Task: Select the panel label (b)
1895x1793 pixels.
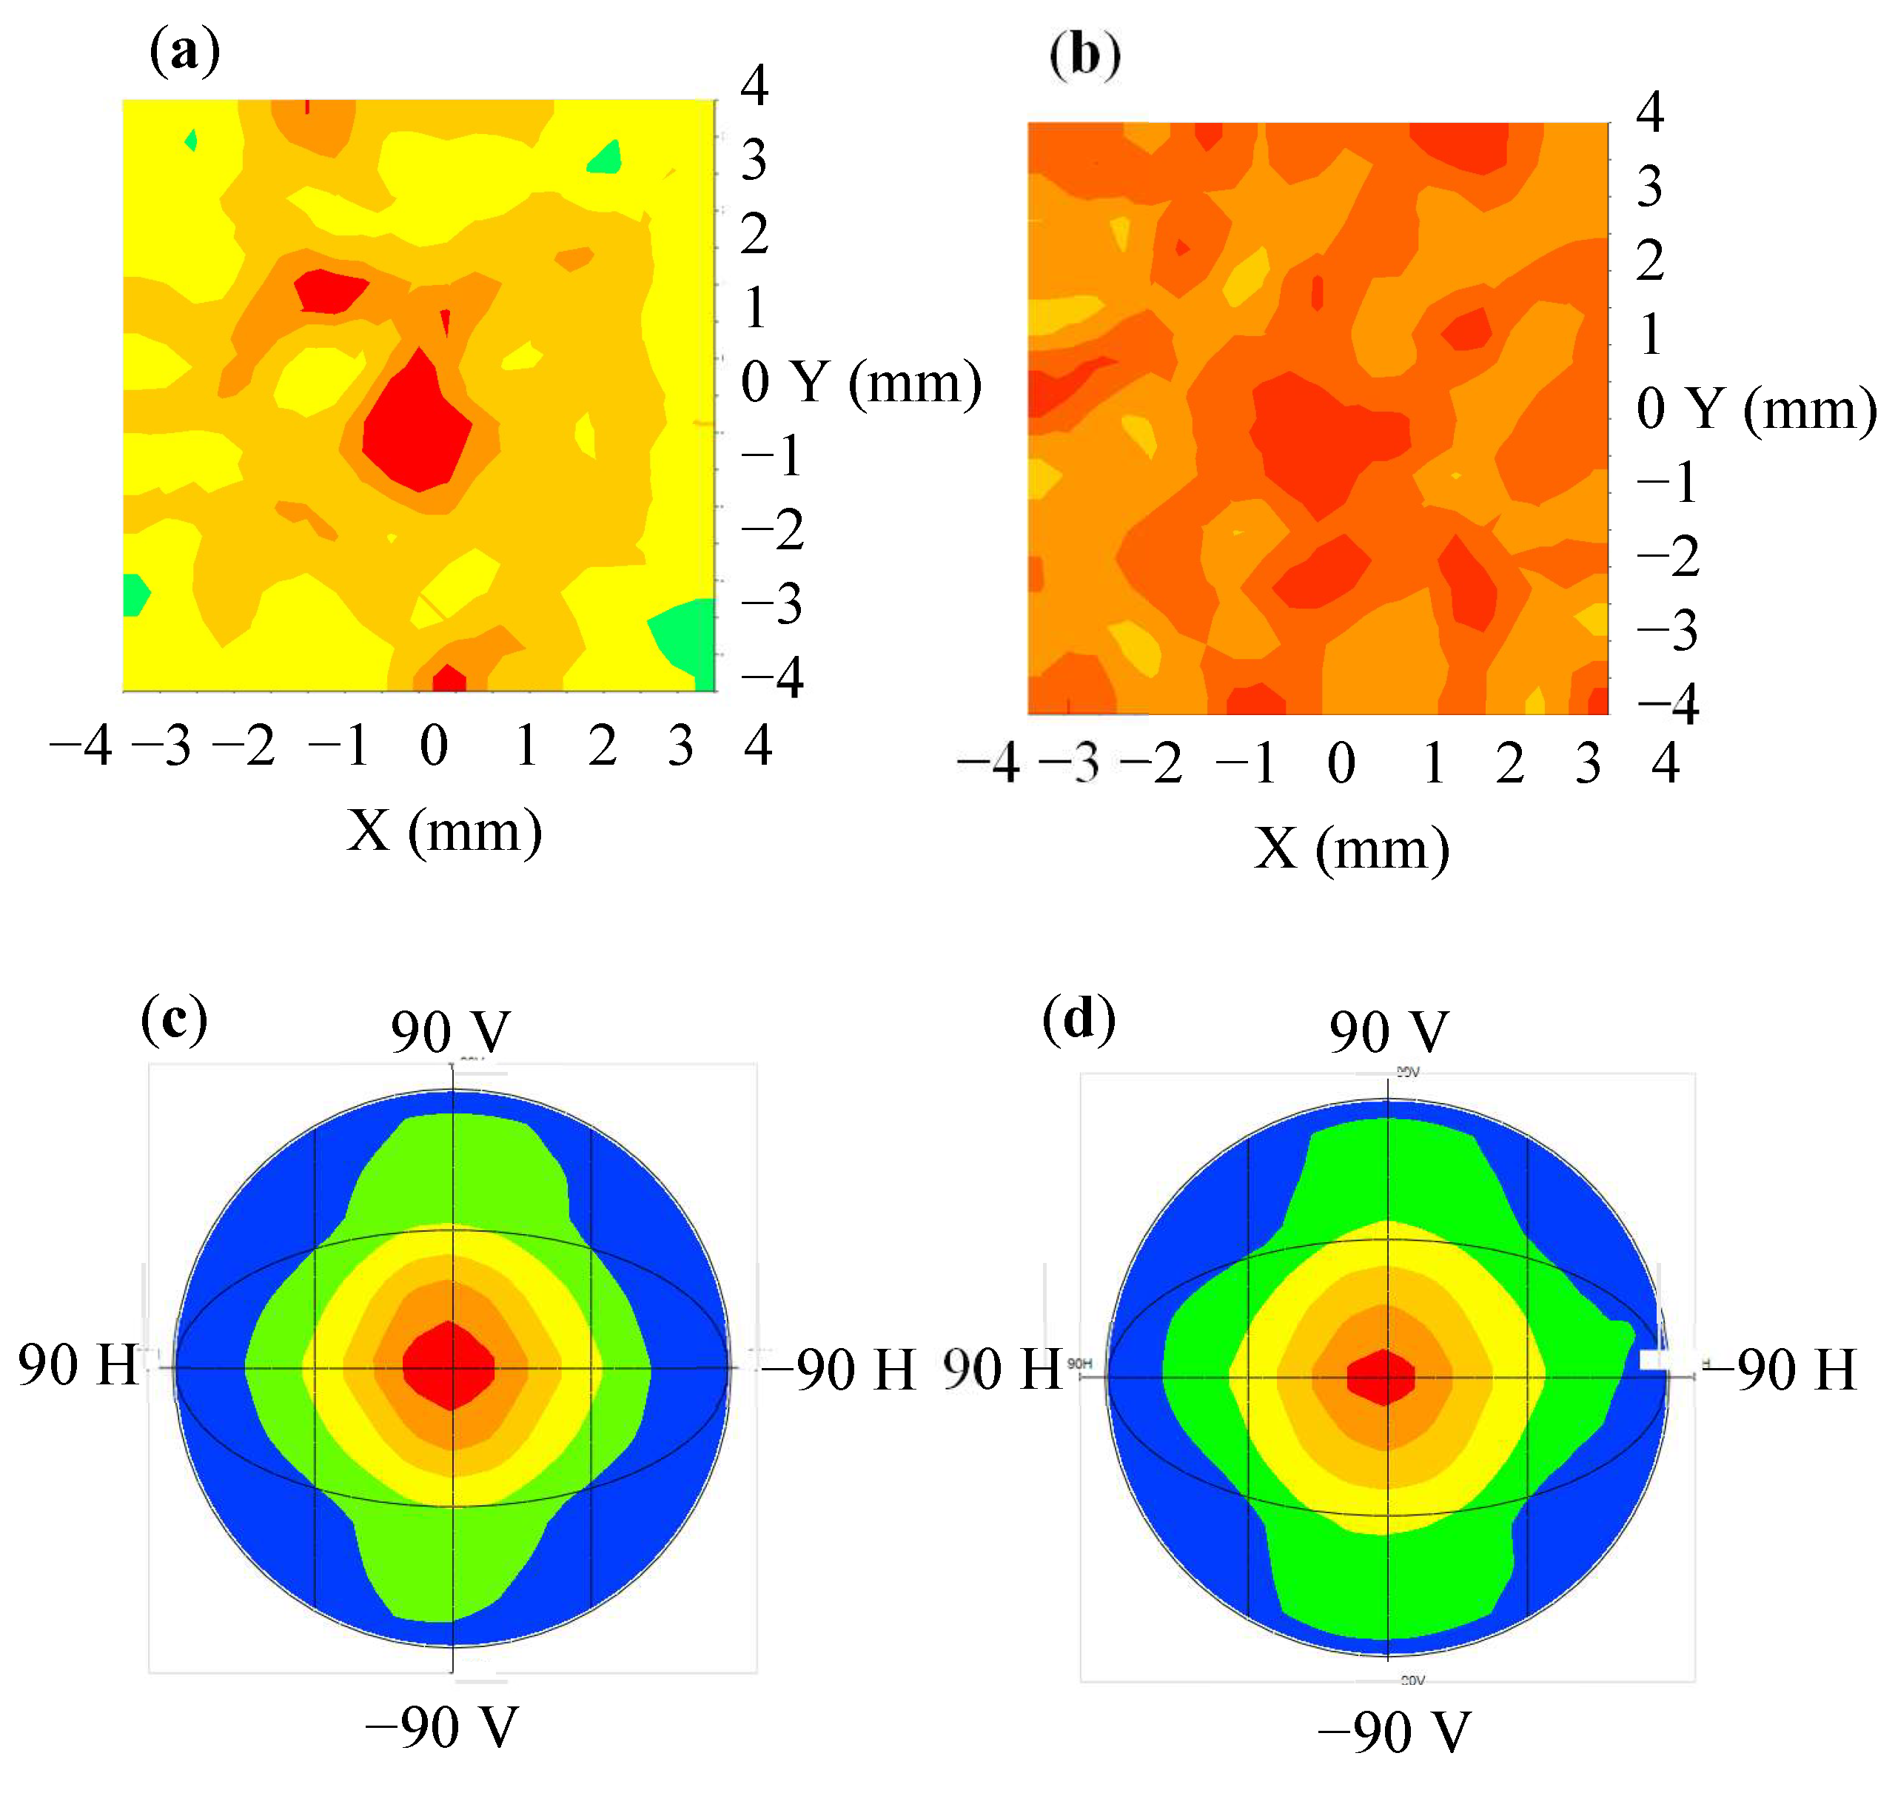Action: [1084, 55]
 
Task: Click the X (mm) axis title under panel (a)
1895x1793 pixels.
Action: [444, 830]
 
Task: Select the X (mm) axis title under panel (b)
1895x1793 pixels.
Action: [1351, 848]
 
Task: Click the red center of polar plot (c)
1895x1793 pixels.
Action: [449, 1366]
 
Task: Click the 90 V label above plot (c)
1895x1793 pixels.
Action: [450, 1032]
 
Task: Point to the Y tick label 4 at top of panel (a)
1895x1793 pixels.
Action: [754, 86]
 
